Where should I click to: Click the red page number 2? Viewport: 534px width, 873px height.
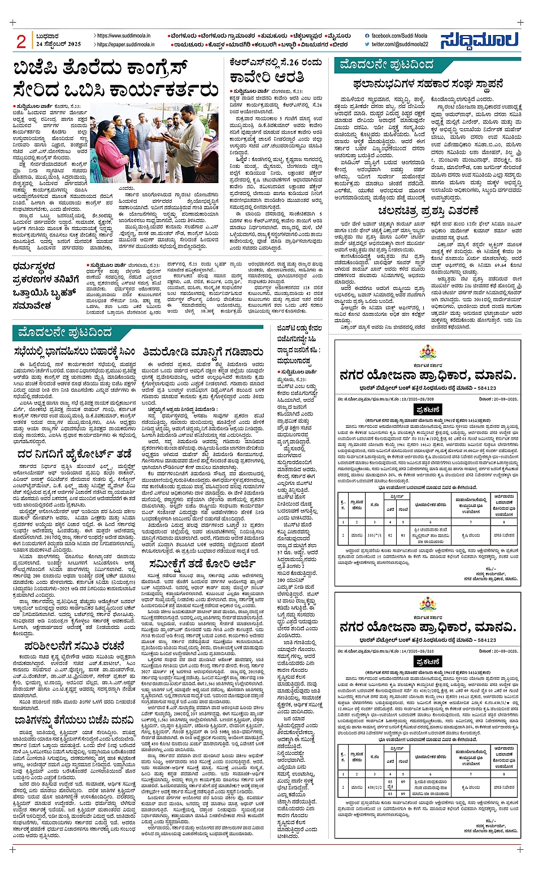click(21, 41)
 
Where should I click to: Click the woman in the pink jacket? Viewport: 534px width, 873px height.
click(109, 156)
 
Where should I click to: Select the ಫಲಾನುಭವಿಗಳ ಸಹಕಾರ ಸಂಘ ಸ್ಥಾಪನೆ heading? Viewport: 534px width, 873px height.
click(428, 84)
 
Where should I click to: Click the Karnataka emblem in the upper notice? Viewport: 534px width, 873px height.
click(428, 352)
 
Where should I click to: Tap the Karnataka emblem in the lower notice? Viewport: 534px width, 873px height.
click(428, 605)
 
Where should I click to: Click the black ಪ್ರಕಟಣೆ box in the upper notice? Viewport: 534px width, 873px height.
click(428, 409)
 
